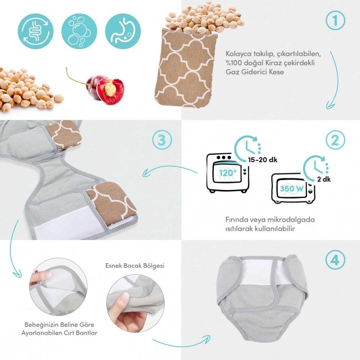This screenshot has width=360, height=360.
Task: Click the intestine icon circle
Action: coord(36,31)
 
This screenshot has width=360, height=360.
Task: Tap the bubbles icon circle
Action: coord(79,31)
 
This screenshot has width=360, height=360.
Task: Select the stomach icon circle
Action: coord(123,31)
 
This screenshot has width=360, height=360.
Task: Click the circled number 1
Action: coord(335,21)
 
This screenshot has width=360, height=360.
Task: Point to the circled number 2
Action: coord(335,140)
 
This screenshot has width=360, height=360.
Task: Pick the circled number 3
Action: coord(162,140)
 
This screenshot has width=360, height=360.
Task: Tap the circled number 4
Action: coord(335,260)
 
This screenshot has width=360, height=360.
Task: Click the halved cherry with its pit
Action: coord(110,91)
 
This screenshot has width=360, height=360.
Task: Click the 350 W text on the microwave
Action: coord(292,189)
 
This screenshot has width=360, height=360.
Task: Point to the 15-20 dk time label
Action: coord(263,159)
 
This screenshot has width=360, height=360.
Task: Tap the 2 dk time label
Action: coord(324,179)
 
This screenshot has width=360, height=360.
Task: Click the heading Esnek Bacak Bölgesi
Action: coord(135,266)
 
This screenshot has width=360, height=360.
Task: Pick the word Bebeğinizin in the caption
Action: coord(40,325)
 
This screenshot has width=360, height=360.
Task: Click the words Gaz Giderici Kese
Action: coord(255,72)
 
